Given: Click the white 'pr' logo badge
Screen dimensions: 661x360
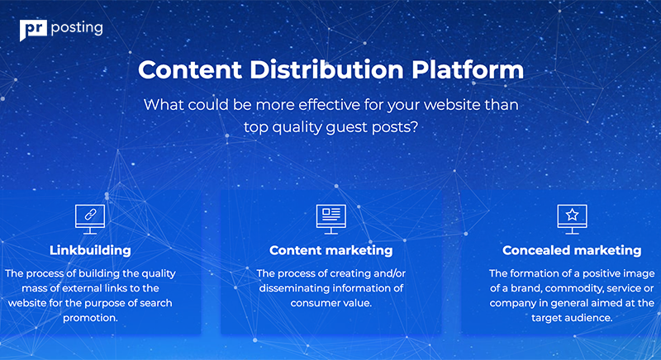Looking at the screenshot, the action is tap(33, 30).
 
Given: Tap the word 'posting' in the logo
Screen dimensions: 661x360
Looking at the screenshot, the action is tap(77, 29).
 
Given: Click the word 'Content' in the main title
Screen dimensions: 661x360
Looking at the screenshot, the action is tap(190, 69).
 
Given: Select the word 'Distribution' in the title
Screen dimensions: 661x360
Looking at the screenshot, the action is tap(326, 69).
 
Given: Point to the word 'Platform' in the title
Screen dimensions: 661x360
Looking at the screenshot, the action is tap(468, 69).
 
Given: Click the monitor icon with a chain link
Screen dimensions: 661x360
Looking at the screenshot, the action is tap(90, 219).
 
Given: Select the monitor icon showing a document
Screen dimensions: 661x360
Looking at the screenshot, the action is tap(331, 219).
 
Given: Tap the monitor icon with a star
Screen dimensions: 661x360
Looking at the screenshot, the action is tap(572, 219).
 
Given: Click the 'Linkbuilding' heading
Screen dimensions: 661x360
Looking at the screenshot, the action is tap(90, 250).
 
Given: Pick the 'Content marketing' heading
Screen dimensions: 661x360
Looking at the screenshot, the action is tap(331, 250).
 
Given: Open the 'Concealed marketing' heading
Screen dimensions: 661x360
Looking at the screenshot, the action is tap(572, 250).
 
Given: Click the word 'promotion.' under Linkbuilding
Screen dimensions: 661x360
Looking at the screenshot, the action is tap(90, 318).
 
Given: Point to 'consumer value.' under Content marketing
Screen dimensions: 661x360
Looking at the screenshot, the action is tap(331, 303).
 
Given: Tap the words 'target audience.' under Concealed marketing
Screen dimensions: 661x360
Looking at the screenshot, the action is tap(572, 318).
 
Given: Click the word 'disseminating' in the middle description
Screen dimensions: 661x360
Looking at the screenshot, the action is tap(295, 288).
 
